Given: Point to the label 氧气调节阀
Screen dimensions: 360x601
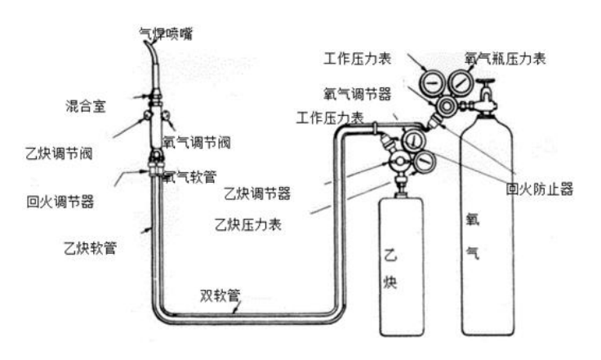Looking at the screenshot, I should (x=196, y=140).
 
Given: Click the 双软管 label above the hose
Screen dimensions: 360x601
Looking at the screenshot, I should (x=220, y=296).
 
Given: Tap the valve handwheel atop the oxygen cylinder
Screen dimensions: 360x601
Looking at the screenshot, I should (x=486, y=86).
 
